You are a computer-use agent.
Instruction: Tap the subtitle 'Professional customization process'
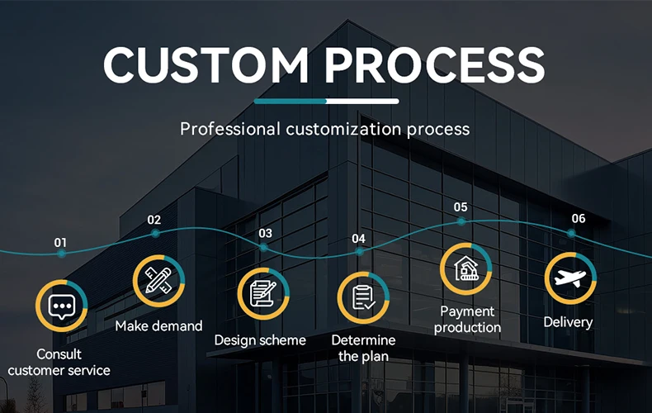325,129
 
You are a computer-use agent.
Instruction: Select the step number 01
60,242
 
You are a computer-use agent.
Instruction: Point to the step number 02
154,220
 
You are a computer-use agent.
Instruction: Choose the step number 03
265,234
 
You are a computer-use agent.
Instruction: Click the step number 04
358,238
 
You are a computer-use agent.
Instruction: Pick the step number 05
461,207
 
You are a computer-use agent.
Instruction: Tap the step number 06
579,218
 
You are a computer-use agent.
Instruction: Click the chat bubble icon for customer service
61,306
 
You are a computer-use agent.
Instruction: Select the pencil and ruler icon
158,281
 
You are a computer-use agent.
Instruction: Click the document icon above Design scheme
264,293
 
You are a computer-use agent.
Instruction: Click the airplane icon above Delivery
570,279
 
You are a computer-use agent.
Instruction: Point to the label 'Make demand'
158,325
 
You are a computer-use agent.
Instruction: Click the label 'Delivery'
568,321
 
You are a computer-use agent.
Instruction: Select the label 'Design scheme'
260,340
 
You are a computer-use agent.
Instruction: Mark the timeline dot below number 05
461,221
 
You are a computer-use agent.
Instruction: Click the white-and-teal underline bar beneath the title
326,101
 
